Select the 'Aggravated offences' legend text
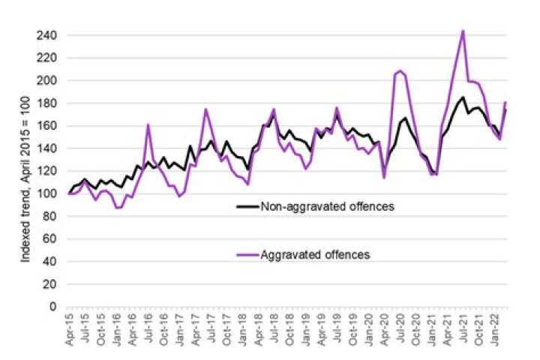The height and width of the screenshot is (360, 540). [314, 255]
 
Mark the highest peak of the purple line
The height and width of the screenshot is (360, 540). [463, 31]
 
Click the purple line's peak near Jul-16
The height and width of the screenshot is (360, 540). [148, 124]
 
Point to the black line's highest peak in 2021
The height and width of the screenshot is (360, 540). [463, 97]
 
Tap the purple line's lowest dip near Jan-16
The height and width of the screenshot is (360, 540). [118, 208]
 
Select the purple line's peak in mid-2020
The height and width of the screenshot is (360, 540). [400, 71]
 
